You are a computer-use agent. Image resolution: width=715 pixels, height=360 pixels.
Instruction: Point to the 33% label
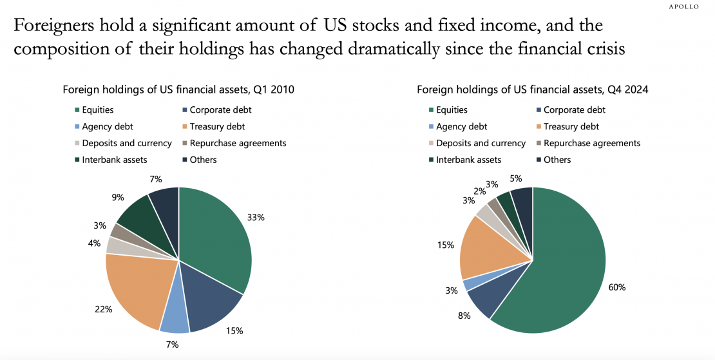point(256,217)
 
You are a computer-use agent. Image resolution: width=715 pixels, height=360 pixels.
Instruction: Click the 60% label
point(616,287)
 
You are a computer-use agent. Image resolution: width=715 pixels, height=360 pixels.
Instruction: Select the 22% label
point(104,309)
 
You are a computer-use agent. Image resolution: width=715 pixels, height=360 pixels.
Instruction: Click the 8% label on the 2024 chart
point(463,316)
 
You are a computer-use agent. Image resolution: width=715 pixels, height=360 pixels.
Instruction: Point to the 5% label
point(515,178)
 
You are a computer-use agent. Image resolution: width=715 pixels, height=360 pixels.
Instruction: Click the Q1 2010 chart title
point(178,90)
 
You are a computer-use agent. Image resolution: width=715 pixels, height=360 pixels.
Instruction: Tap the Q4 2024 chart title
point(533,90)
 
